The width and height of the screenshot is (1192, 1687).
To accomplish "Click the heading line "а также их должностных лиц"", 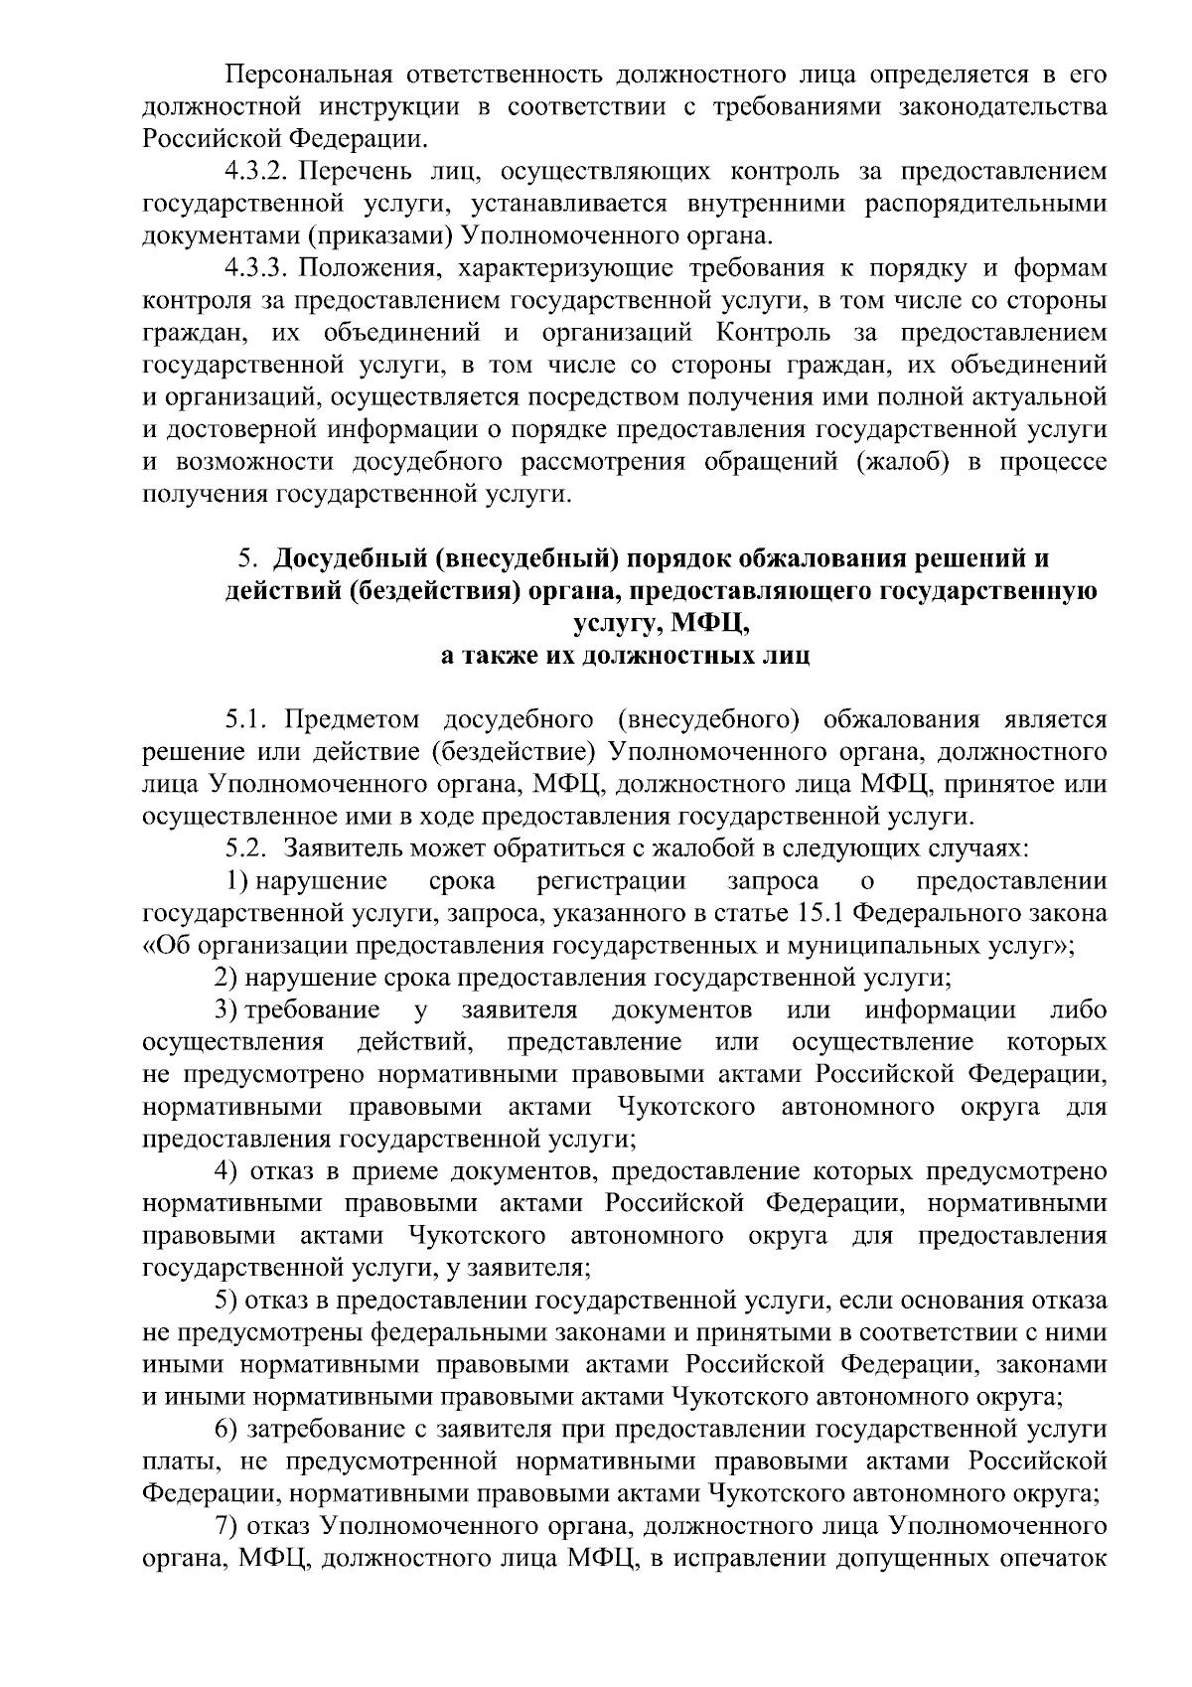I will [x=625, y=656].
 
